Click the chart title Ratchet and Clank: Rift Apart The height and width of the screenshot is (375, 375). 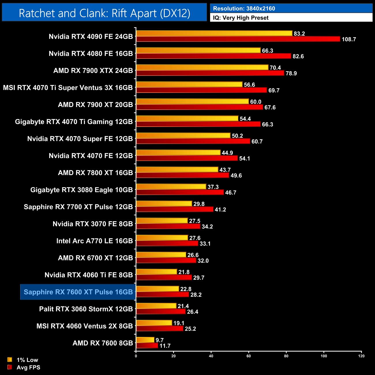point(104,13)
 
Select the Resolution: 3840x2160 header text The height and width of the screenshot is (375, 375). point(244,9)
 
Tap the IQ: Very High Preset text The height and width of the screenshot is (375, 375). point(241,18)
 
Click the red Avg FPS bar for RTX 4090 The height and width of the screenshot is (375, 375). point(238,39)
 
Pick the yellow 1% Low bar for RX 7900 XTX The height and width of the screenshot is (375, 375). point(202,67)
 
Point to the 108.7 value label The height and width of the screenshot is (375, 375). point(349,40)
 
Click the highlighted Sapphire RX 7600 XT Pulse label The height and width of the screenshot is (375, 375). point(78,292)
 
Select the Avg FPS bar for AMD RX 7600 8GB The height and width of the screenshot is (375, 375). point(147,346)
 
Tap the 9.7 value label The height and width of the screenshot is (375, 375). point(160,340)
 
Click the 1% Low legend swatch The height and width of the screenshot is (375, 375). point(10,360)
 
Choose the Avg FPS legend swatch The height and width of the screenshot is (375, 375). point(10,367)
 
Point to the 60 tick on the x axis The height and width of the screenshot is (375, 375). point(249,356)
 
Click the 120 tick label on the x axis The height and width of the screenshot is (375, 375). point(361,356)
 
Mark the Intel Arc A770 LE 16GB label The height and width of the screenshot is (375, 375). point(95,241)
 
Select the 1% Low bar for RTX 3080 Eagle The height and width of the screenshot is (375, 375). point(171,187)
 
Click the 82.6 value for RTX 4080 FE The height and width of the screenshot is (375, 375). point(298,57)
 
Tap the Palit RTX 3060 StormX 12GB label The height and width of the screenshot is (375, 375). point(86,309)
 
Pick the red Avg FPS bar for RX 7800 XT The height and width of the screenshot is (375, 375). point(183,175)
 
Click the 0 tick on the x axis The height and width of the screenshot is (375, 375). point(136,356)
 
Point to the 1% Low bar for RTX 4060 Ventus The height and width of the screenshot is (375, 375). point(154,323)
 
